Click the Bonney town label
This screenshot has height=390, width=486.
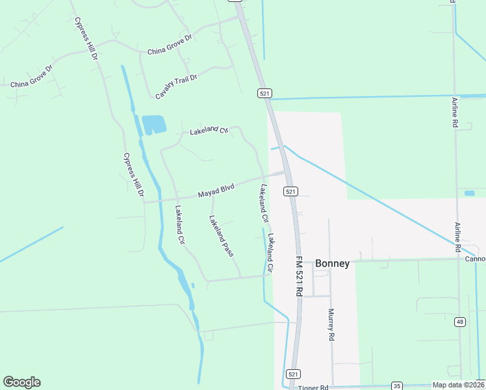[332, 264]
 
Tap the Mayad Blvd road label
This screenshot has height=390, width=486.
[216, 192]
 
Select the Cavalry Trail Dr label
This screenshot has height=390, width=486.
[175, 87]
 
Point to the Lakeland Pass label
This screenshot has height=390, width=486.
[221, 236]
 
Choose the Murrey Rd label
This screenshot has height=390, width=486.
[331, 324]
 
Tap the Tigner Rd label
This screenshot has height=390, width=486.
[314, 387]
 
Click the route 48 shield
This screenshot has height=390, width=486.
[460, 321]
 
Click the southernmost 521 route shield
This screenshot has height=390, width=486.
[292, 374]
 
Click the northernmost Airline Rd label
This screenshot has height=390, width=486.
[455, 112]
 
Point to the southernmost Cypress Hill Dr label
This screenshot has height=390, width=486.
[133, 175]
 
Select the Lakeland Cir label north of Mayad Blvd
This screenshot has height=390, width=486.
[209, 131]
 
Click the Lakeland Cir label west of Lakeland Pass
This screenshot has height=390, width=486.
[180, 225]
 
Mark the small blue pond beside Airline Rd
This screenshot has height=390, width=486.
[469, 193]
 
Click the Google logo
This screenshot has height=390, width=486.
[21, 382]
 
